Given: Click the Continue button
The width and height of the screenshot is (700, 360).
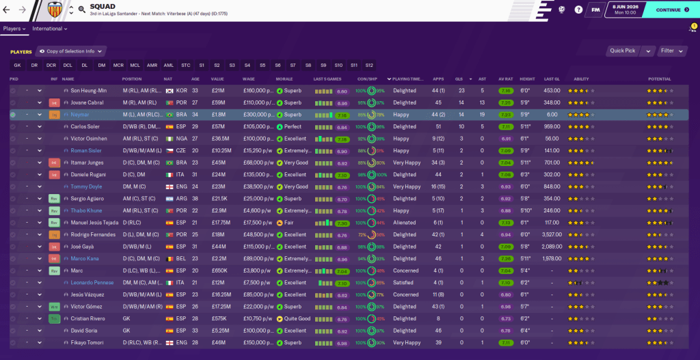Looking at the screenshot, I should [672, 10].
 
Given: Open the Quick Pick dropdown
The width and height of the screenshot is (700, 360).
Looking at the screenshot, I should [625, 51].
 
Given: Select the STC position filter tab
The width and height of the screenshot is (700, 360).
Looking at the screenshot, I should [186, 65].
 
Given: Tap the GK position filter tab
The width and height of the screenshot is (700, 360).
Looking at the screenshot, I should [18, 65].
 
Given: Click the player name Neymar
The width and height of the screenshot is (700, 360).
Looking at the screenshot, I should [80, 115].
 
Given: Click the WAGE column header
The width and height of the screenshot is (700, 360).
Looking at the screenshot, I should [248, 79].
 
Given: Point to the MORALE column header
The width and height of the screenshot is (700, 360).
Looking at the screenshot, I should [284, 79].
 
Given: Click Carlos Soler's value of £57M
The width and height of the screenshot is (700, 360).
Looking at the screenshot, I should [218, 126].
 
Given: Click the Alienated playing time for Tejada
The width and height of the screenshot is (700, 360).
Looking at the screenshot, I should [405, 223].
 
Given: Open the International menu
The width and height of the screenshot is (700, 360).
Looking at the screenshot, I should [49, 29].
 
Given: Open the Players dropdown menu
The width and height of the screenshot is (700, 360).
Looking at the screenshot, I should [14, 29].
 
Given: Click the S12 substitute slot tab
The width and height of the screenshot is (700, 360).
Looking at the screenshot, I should [369, 65].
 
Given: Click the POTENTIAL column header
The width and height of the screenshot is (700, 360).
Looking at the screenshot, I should [660, 79].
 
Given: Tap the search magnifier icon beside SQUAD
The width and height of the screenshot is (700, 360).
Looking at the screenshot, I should [81, 10].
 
